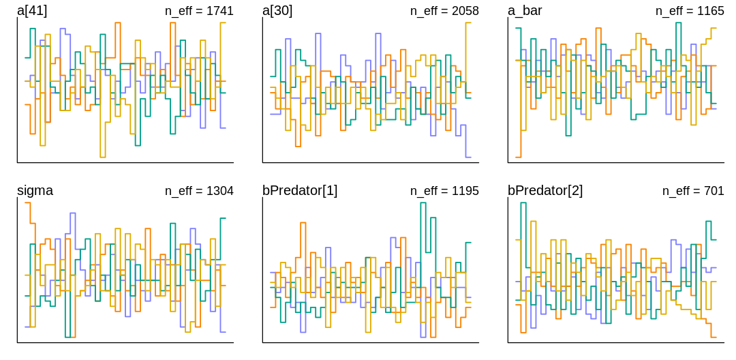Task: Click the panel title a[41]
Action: tap(32, 10)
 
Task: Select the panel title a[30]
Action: tap(277, 10)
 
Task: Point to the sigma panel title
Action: tap(35, 190)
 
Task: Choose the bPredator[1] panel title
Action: tap(300, 190)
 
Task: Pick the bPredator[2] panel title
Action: tap(545, 190)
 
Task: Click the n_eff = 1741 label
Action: tap(199, 11)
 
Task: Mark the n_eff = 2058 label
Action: tap(444, 11)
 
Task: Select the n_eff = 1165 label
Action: tap(690, 11)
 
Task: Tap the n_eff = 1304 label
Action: tap(199, 191)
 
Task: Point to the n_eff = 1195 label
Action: tap(444, 191)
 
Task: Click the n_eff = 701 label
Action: tap(693, 191)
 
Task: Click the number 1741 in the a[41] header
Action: tap(219, 11)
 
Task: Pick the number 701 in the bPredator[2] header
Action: tap(714, 191)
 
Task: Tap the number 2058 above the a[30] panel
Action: tap(465, 11)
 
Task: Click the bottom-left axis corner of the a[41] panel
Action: tap(17, 162)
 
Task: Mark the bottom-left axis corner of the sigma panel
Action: tap(17, 342)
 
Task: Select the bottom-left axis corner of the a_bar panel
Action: tap(508, 162)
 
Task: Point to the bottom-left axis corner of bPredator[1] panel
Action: tap(262, 342)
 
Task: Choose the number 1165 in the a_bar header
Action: tap(710, 11)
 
